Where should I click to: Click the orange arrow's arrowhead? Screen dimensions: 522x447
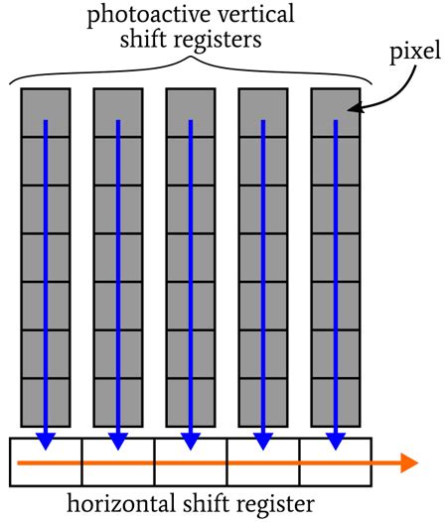click(x=407, y=462)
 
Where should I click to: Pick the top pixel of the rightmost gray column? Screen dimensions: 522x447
click(x=336, y=112)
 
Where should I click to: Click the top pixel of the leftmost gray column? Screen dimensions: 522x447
click(x=45, y=112)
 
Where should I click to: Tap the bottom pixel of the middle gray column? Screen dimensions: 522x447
click(x=190, y=403)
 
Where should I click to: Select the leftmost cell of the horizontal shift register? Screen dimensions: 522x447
click(x=45, y=462)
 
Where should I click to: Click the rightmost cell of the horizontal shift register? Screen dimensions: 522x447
click(x=336, y=462)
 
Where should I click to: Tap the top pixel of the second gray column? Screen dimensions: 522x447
click(x=117, y=112)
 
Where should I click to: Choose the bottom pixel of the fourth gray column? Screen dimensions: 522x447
click(x=262, y=403)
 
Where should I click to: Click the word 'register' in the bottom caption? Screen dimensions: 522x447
click(x=276, y=503)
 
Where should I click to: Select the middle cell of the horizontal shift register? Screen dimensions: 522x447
click(x=190, y=462)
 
